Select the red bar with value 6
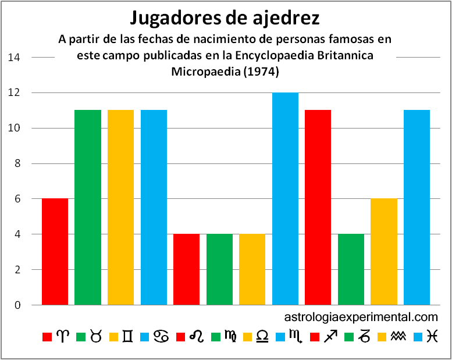[x=55, y=252]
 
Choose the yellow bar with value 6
[x=383, y=252]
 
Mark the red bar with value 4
[x=186, y=269]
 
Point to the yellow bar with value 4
[x=252, y=269]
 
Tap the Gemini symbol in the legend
[x=128, y=337]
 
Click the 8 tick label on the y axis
[x=17, y=164]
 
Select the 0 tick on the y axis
[x=17, y=305]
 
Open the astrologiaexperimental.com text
[x=361, y=318]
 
